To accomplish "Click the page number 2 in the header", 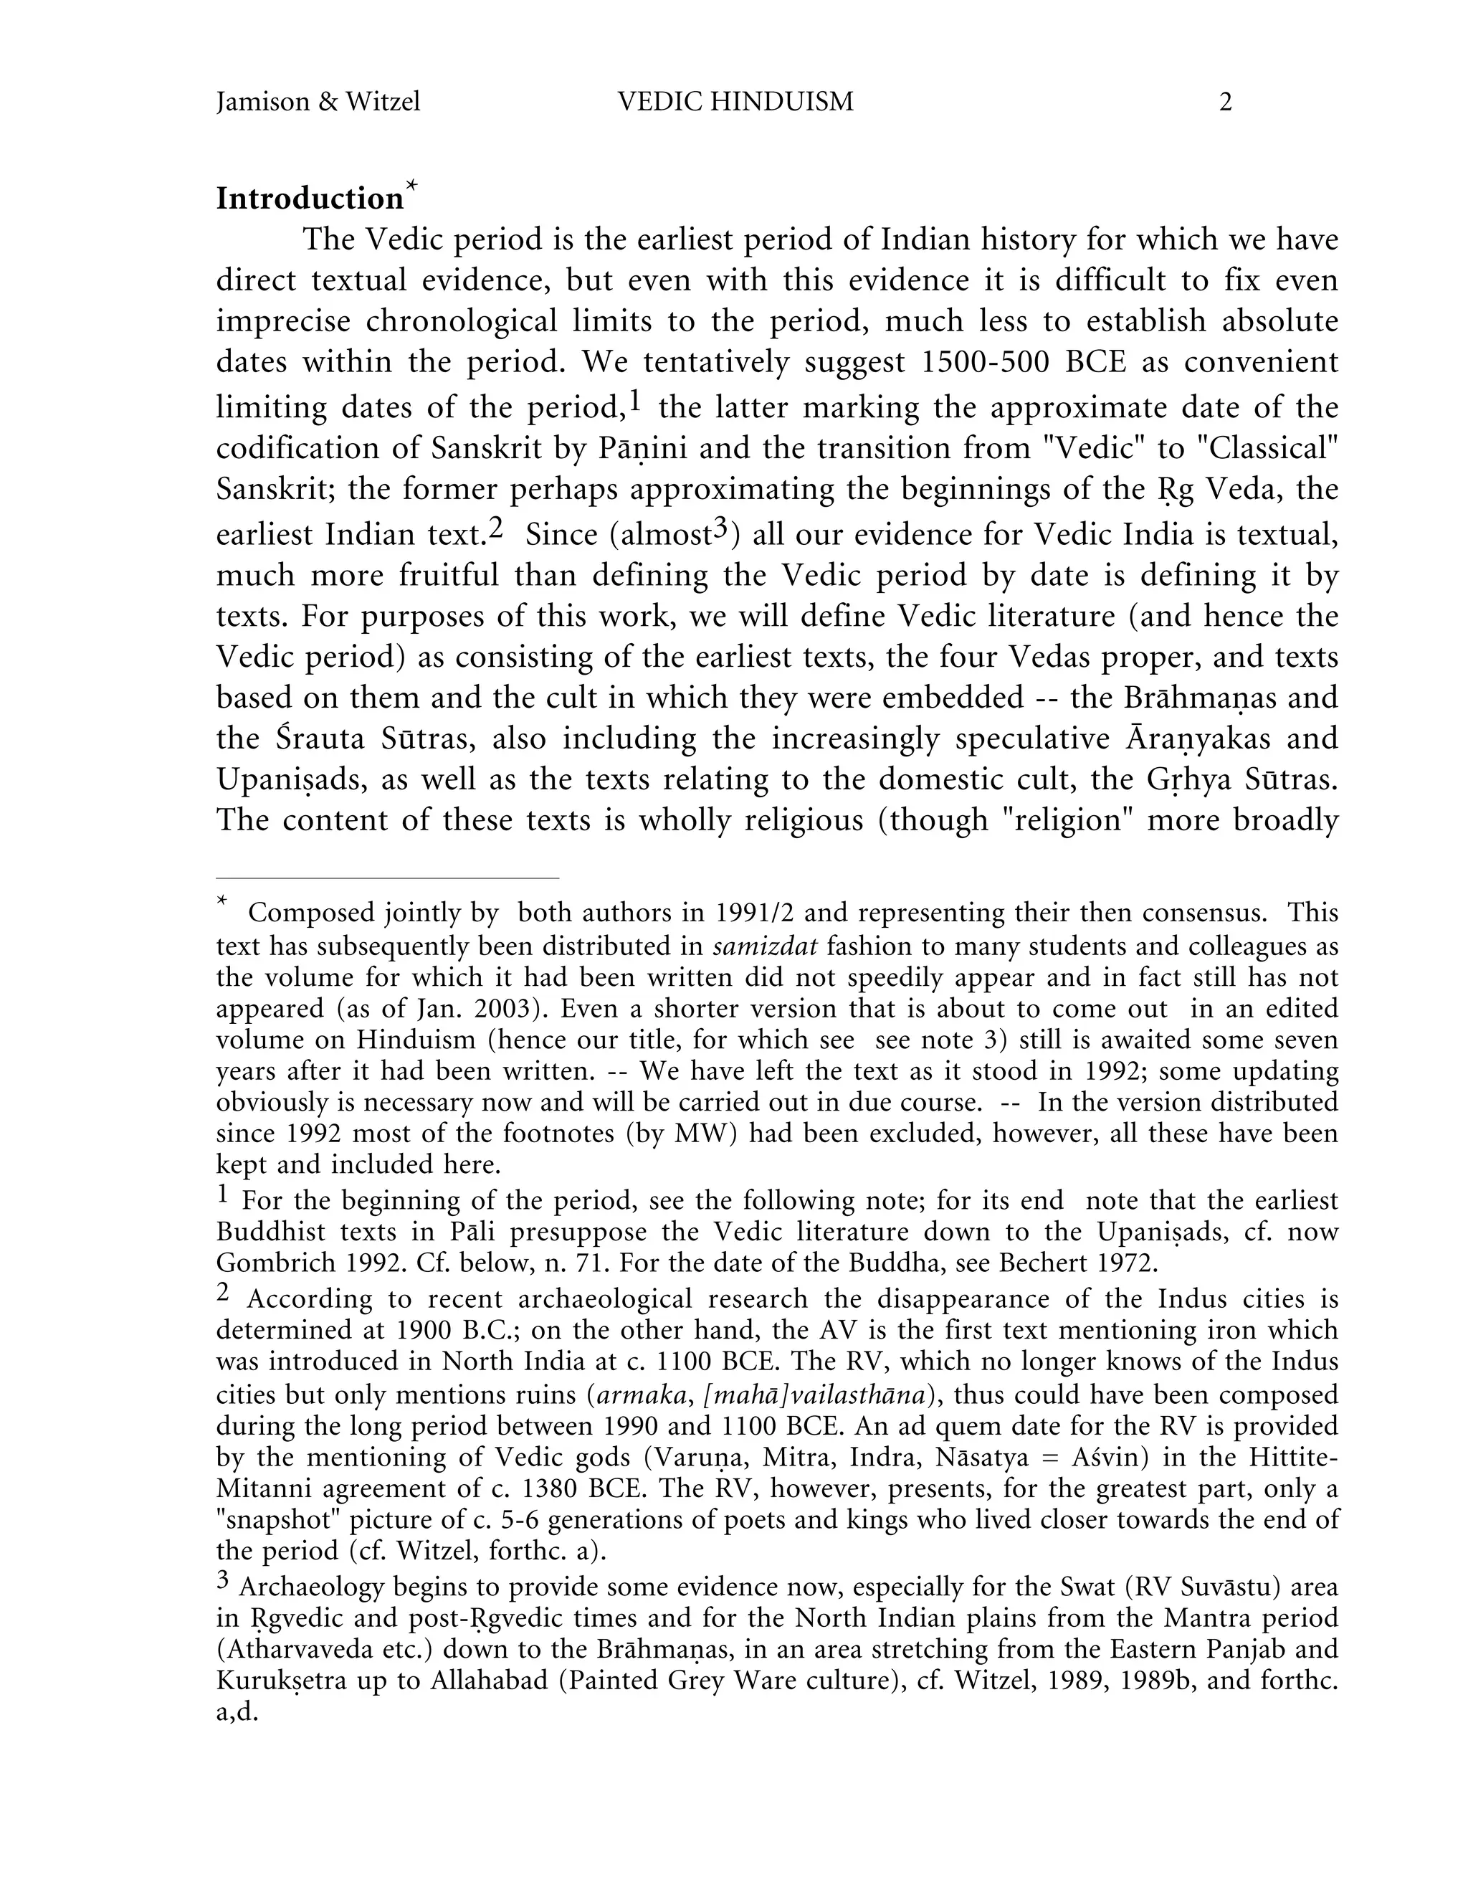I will coord(1224,103).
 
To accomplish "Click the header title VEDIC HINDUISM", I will coord(735,103).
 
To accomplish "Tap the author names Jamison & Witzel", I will coord(318,103).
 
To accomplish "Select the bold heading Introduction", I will coord(310,199).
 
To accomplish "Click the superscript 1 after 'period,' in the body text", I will coord(635,401).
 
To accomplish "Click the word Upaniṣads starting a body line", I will coord(285,779).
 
